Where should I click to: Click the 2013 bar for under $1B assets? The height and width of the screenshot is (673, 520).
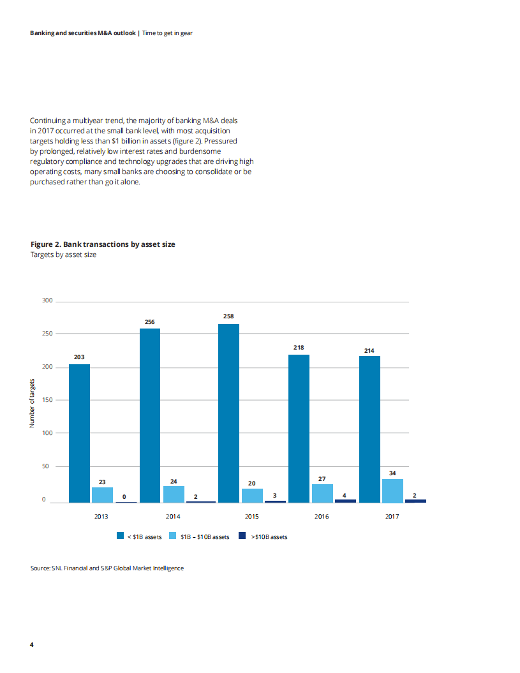79,433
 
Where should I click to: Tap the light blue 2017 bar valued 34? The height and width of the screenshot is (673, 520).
392,491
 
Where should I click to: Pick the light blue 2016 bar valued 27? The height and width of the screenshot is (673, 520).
322,493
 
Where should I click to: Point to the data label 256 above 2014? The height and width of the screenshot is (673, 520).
150,322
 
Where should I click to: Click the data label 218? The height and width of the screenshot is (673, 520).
299,348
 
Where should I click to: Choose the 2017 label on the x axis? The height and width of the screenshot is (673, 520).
392,517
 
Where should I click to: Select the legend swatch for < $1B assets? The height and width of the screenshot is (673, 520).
120,536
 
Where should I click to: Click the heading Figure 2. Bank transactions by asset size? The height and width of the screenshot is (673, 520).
103,244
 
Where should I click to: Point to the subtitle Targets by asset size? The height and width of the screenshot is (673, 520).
64,255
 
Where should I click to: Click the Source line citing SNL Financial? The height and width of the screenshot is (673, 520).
107,568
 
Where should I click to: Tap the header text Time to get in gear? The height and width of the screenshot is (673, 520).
167,33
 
